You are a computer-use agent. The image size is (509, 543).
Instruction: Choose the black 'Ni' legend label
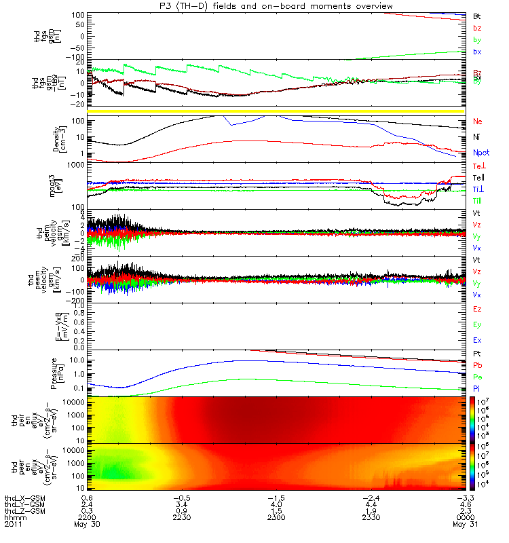pos(476,138)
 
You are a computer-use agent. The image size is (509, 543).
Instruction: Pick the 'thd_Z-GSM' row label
pos(22,512)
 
